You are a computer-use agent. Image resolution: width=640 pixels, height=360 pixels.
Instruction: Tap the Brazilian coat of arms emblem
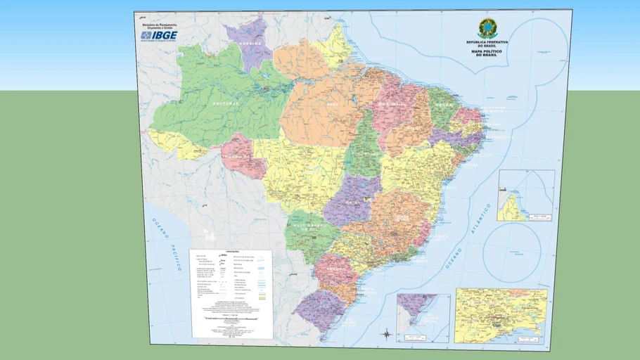(487, 29)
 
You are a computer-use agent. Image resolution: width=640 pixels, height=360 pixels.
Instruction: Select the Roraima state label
(250, 44)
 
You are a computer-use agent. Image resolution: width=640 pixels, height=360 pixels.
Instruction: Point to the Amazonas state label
(226, 103)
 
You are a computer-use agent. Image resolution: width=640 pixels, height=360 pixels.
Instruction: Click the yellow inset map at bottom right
(501, 315)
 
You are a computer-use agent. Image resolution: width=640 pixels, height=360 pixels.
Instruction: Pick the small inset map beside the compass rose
(423, 318)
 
